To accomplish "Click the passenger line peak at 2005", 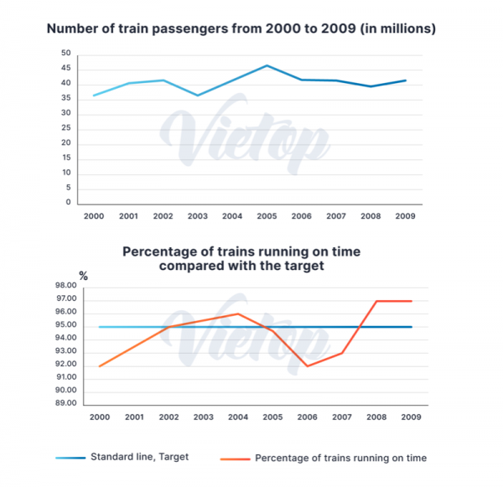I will [x=267, y=65].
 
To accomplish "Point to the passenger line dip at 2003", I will [x=198, y=96].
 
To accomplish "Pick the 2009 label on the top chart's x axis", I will [x=404, y=215].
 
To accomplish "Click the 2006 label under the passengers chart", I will [x=301, y=215].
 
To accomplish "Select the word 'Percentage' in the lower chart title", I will [x=164, y=251].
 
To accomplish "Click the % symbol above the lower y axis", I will [x=83, y=275].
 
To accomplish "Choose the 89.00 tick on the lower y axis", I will [x=66, y=403].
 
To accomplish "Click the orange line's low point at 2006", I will [x=308, y=366].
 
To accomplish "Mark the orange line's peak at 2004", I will [x=238, y=314].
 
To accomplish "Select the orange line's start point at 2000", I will [x=99, y=366].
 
